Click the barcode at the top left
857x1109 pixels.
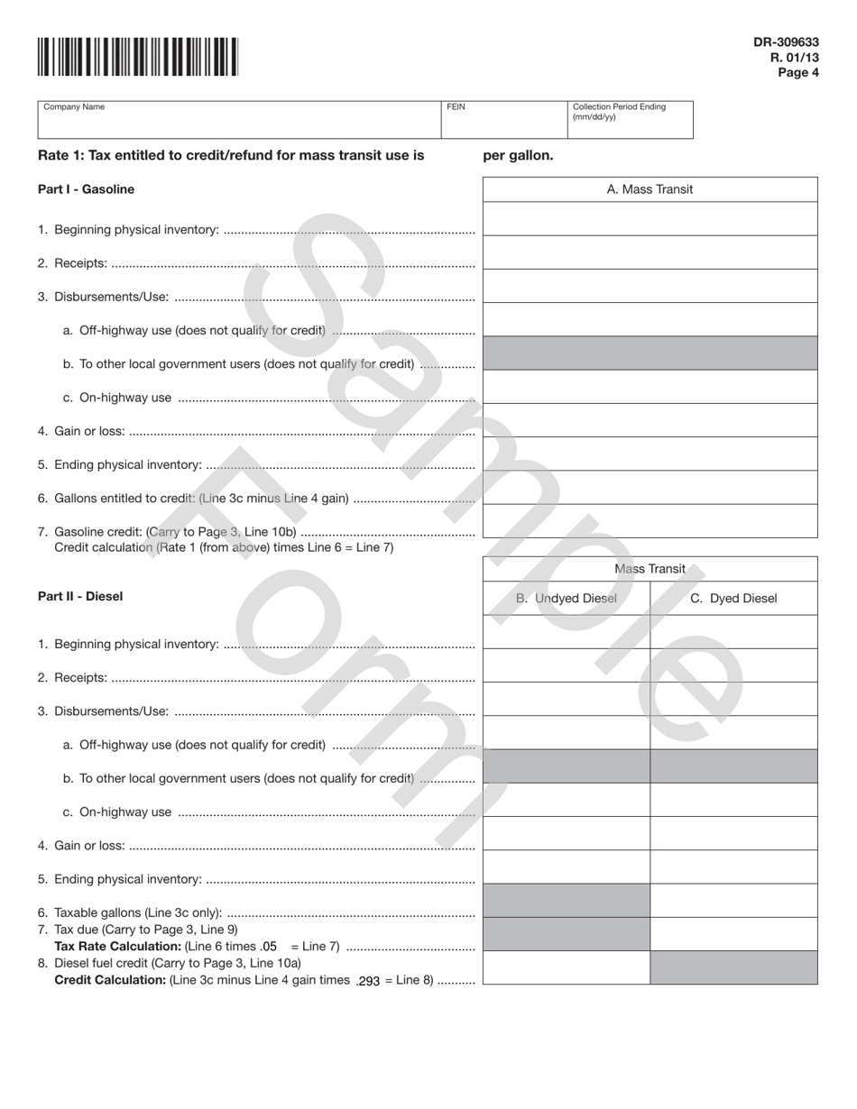click(138, 57)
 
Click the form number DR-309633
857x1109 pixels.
click(786, 41)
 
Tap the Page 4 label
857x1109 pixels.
click(797, 73)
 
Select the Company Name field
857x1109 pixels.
click(238, 120)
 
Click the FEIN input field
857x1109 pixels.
click(503, 120)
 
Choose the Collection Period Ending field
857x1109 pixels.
click(630, 120)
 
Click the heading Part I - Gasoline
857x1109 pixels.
click(86, 189)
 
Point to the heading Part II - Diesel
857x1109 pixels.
click(80, 597)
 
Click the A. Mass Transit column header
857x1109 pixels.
click(650, 189)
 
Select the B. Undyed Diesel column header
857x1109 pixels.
click(567, 599)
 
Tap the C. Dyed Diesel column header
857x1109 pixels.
click(733, 599)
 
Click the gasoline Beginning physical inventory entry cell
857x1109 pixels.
click(650, 219)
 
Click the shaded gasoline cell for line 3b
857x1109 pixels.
click(650, 353)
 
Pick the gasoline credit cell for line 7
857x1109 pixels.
click(650, 521)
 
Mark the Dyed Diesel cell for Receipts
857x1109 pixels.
click(733, 665)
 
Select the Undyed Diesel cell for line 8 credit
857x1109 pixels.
click(567, 967)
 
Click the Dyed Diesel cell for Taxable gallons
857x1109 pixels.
click(733, 901)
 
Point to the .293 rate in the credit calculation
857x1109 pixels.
click(368, 981)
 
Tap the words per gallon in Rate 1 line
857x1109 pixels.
click(518, 155)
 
